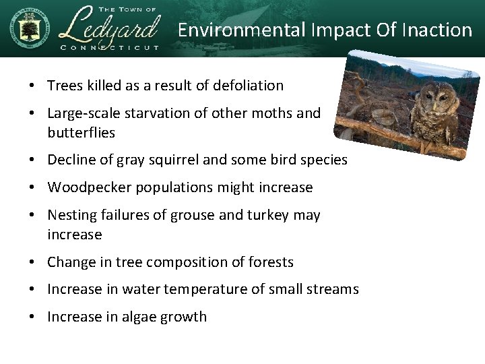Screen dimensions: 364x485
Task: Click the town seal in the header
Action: click(28, 28)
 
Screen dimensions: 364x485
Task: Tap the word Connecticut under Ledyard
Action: click(110, 47)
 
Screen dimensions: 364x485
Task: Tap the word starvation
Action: click(160, 113)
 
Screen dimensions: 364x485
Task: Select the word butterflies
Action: click(81, 133)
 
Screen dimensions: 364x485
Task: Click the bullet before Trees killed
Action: click(32, 86)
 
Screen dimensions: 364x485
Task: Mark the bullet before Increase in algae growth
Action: click(32, 317)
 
